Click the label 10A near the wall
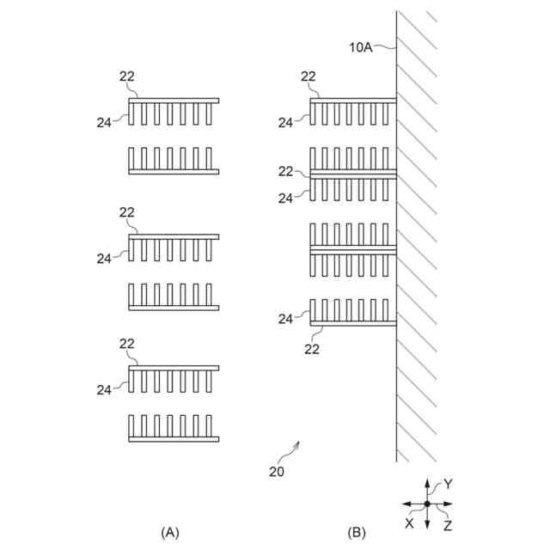(361, 48)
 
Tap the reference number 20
(276, 471)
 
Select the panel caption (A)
(171, 533)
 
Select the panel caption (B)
(356, 533)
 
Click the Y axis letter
(448, 485)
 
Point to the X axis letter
(409, 522)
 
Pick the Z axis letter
(448, 524)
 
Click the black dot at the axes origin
(427, 504)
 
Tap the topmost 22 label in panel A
(127, 76)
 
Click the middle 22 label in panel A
(127, 211)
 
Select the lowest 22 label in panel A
(127, 343)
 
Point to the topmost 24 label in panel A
(103, 123)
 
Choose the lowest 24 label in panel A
(103, 389)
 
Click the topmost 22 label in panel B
(309, 76)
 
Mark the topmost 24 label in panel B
(285, 123)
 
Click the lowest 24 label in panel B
(285, 319)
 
